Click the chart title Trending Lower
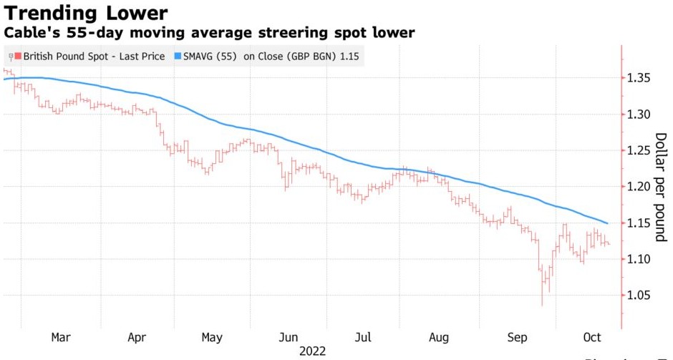click(86, 13)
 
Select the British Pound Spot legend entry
click(94, 56)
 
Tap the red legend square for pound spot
click(18, 56)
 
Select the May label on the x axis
click(212, 337)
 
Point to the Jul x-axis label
click(363, 337)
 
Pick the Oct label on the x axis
click(592, 337)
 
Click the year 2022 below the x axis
click(312, 351)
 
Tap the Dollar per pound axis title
click(659, 187)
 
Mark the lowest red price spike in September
click(541, 303)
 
